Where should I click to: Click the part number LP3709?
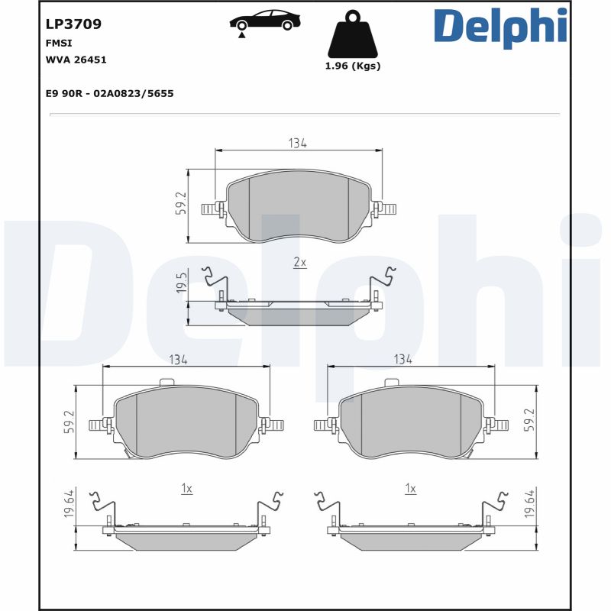pyautogui.click(x=74, y=24)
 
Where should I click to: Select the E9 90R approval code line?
pyautogui.click(x=110, y=93)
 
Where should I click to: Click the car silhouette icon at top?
pyautogui.click(x=264, y=21)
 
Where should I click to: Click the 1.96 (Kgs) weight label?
pyautogui.click(x=352, y=66)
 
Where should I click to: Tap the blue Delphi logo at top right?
pyautogui.click(x=500, y=27)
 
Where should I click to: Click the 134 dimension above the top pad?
pyautogui.click(x=298, y=143)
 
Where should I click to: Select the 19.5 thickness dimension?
pyautogui.click(x=181, y=283)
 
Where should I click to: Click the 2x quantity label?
pyautogui.click(x=299, y=262)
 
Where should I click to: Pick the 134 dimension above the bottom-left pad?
pyautogui.click(x=179, y=358)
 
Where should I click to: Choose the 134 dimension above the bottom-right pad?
pyautogui.click(x=402, y=358)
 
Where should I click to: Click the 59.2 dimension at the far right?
pyautogui.click(x=529, y=420)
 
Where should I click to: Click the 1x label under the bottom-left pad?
pyautogui.click(x=186, y=488)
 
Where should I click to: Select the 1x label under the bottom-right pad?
pyautogui.click(x=410, y=488)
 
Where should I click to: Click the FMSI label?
pyautogui.click(x=59, y=44)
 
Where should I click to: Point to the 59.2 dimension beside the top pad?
pyautogui.click(x=181, y=205)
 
